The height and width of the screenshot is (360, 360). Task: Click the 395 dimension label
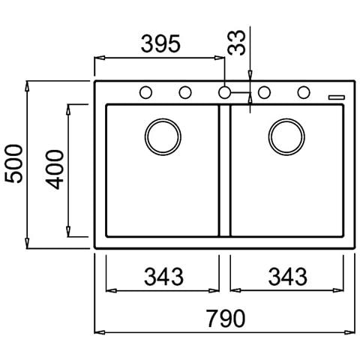click(160, 43)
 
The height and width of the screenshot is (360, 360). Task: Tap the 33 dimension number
click(236, 43)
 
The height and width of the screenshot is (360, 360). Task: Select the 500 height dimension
click(14, 164)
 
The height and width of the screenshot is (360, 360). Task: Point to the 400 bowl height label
click(55, 169)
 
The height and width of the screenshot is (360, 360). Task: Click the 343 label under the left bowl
click(163, 277)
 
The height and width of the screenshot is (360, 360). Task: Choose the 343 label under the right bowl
click(288, 277)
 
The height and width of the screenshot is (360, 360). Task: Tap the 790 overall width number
click(226, 319)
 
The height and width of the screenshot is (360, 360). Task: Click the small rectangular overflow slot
click(337, 97)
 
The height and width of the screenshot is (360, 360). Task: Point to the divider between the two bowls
click(224, 170)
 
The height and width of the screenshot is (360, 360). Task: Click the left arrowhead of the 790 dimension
click(100, 332)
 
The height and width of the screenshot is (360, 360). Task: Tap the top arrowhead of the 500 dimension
click(28, 86)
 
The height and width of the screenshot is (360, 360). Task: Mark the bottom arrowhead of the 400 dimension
click(68, 231)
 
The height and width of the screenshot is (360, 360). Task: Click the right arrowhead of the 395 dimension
click(220, 58)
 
